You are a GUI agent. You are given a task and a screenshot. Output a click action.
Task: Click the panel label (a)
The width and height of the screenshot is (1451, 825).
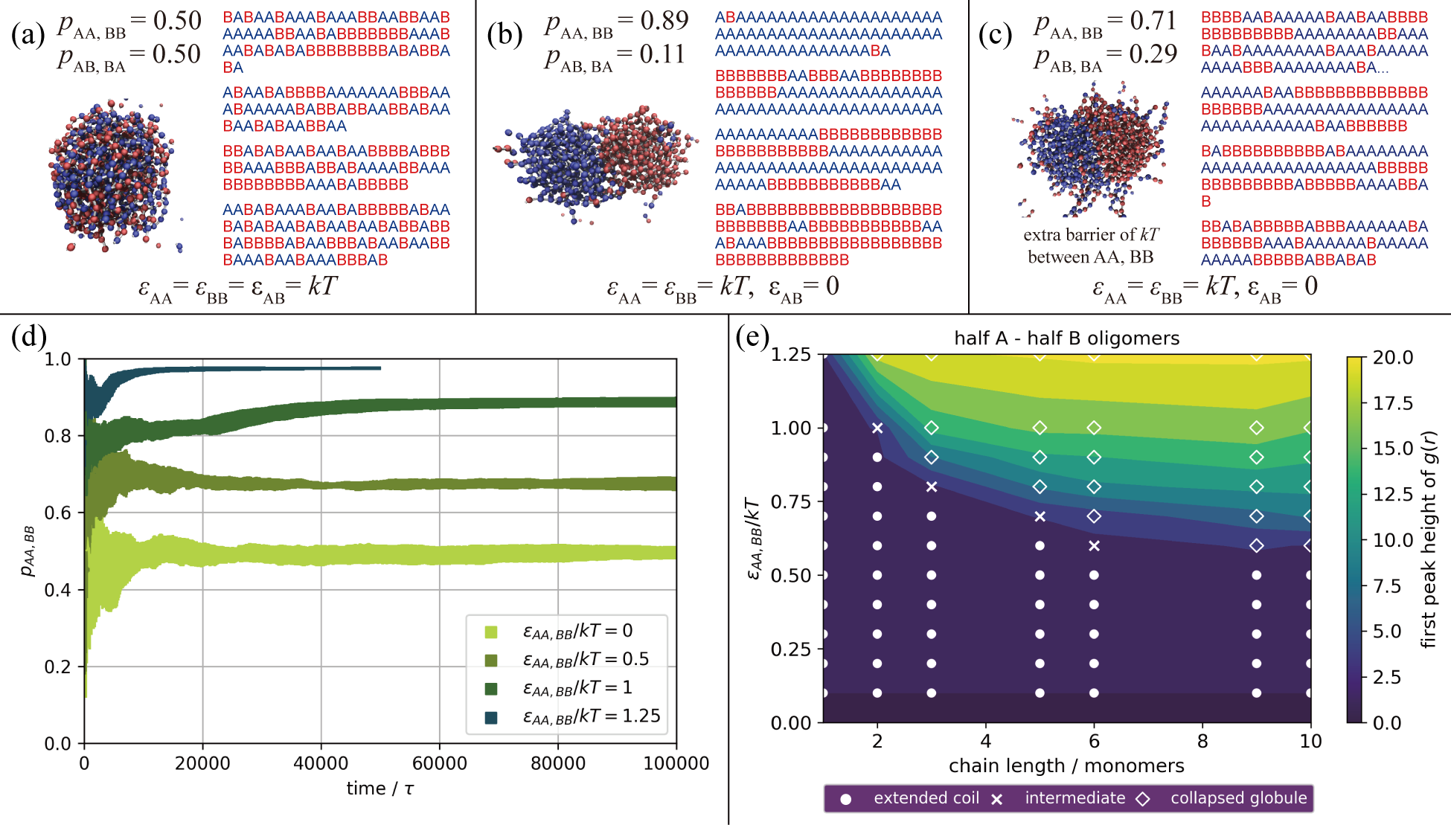click(x=28, y=35)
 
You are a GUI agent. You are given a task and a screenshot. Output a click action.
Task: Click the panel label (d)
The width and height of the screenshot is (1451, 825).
click(x=28, y=336)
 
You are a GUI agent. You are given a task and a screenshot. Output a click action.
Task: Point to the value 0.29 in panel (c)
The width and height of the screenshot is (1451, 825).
click(x=1153, y=54)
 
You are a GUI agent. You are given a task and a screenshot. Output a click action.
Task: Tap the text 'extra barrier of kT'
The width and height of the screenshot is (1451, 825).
click(x=1091, y=235)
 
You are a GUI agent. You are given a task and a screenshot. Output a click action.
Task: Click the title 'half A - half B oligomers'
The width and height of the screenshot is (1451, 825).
click(x=1066, y=338)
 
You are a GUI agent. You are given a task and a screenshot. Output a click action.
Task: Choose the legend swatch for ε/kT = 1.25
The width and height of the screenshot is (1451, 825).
click(x=491, y=717)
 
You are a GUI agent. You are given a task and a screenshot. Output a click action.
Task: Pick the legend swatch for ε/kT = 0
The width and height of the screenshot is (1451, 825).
click(x=491, y=632)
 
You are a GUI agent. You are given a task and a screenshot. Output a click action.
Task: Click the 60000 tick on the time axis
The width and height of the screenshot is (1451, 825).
click(x=439, y=763)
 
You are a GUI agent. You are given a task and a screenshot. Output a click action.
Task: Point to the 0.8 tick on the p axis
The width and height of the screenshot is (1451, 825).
click(x=58, y=436)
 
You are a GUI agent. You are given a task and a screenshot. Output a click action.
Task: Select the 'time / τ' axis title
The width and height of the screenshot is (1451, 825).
click(x=379, y=789)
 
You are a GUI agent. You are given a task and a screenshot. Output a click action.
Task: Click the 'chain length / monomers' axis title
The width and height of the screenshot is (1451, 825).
click(x=1066, y=765)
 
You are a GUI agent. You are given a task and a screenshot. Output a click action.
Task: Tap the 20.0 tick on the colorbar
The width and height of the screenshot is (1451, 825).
click(x=1392, y=358)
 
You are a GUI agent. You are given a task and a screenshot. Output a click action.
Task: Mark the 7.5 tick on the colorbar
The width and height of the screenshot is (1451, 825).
click(x=1386, y=586)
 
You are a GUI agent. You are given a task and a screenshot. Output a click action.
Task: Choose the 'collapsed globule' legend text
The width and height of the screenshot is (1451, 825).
click(x=1238, y=798)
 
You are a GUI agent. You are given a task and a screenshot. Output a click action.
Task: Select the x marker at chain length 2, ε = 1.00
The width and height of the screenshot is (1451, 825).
click(x=877, y=428)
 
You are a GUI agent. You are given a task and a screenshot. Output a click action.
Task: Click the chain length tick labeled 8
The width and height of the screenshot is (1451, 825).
click(x=1202, y=741)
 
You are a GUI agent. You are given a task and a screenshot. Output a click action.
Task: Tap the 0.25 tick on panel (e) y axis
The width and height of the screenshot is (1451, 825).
click(x=790, y=649)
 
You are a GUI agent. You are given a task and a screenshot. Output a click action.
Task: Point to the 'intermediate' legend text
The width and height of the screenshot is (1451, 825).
click(x=1074, y=798)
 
